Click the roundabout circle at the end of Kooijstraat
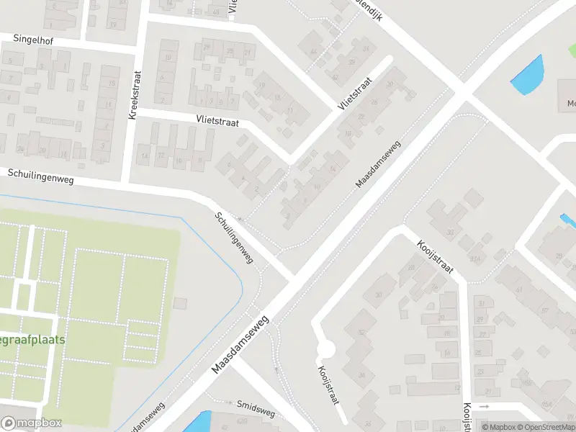click(326, 350)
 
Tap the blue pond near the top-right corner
click(528, 76)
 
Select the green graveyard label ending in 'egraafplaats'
click(33, 339)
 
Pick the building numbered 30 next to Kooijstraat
click(449, 232)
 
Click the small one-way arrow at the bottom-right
click(485, 407)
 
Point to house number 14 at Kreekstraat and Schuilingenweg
click(144, 156)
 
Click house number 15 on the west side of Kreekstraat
click(111, 84)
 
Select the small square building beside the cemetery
click(180, 304)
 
